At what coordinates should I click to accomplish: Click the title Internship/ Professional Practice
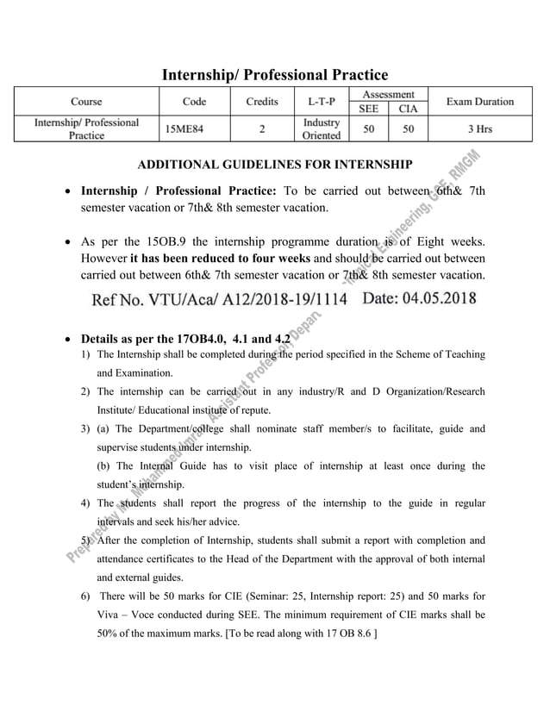coord(275,76)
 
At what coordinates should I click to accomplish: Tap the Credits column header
coord(262,102)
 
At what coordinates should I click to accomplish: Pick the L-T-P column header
coord(322,102)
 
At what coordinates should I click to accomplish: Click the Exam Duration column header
coord(479,102)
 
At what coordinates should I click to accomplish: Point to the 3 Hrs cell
coord(479,129)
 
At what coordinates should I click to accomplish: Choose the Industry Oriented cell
coord(322,129)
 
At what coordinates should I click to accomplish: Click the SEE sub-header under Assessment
coord(368,109)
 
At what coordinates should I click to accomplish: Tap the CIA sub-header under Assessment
coord(409,109)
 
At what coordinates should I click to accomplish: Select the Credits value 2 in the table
coord(262,129)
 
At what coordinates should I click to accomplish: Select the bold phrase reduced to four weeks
coord(215,259)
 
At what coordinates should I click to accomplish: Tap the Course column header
coord(86,102)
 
